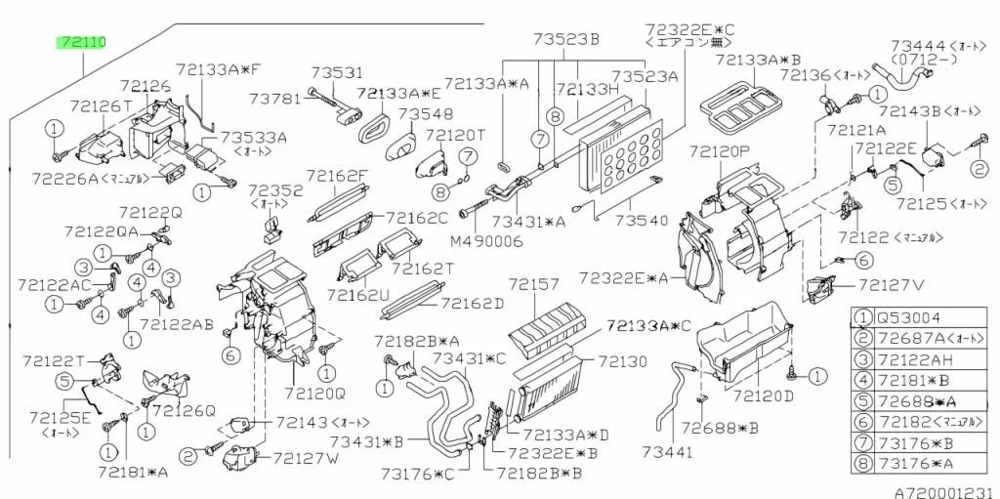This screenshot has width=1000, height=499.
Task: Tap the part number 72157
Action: tap(533, 285)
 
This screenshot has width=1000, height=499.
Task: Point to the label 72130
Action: tap(623, 361)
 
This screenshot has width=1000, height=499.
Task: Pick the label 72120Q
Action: tap(314, 394)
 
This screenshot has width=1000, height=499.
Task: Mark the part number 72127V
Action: tap(891, 285)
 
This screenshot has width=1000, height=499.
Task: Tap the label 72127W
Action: tap(305, 458)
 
